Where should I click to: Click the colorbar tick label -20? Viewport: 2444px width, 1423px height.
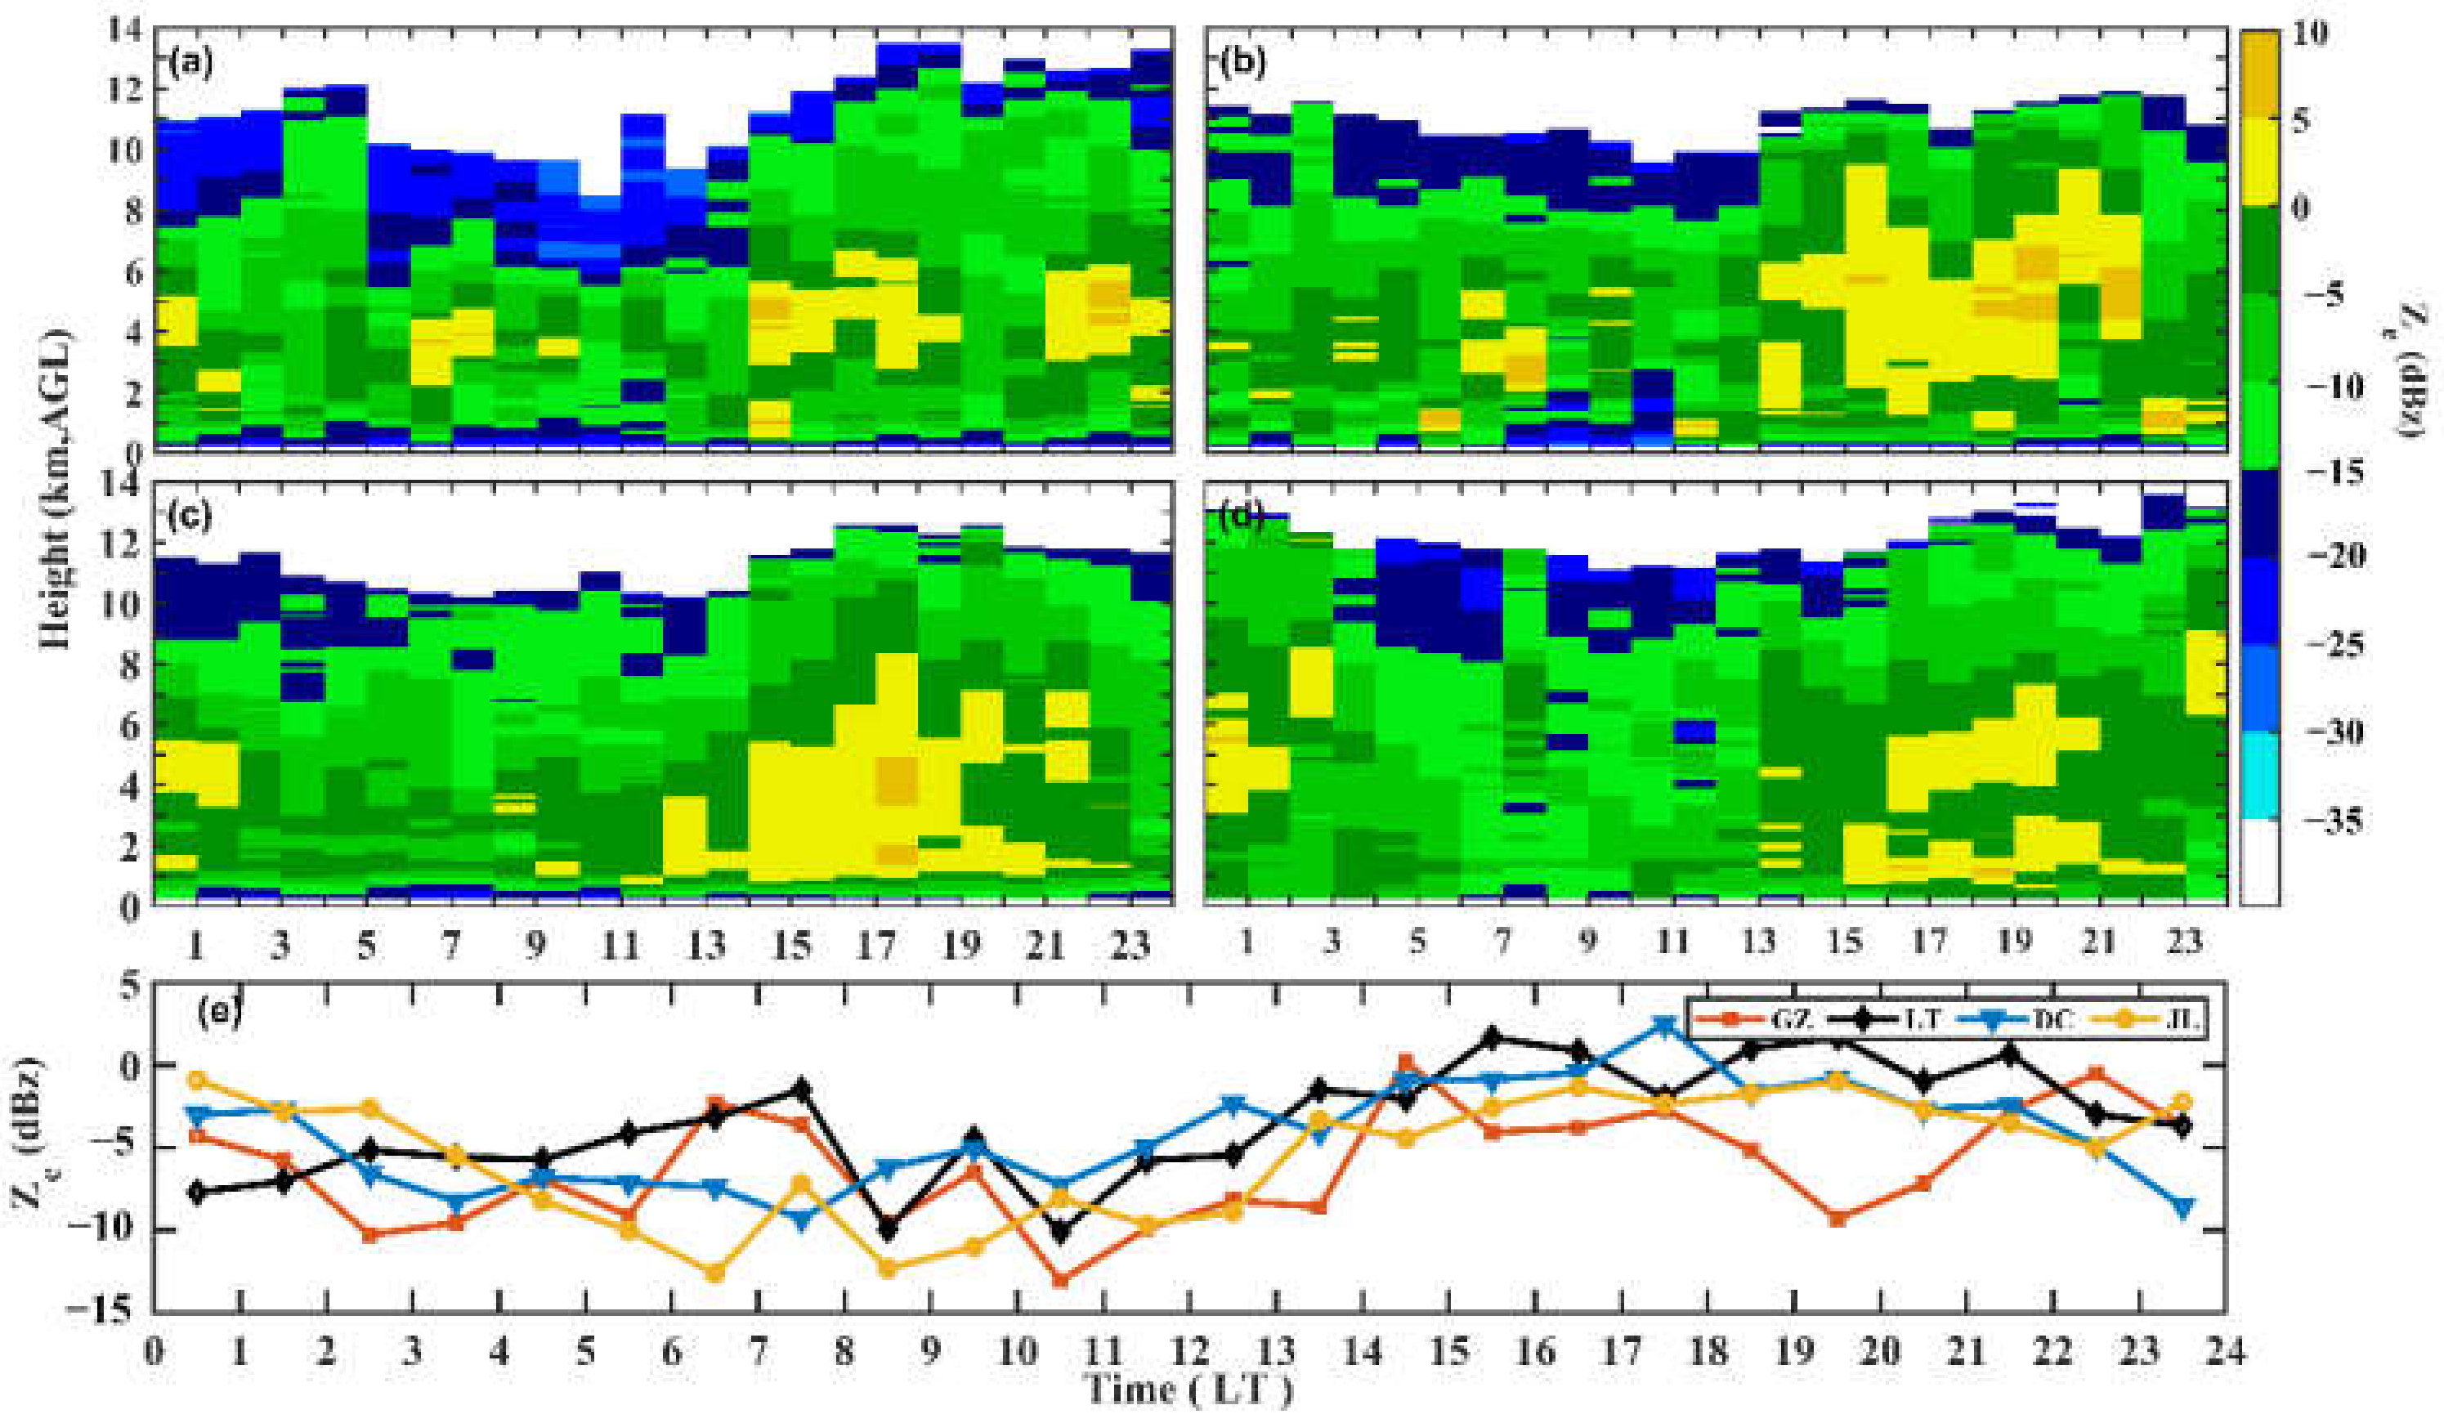pos(2329,557)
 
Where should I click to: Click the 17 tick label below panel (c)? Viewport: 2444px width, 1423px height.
pos(875,943)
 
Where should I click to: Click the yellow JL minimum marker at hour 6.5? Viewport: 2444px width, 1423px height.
pos(714,1273)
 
